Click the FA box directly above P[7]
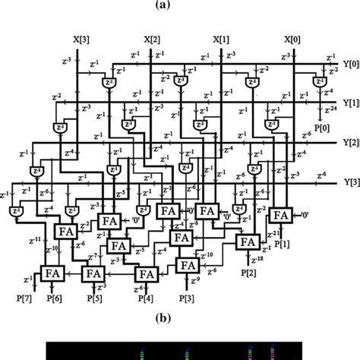click(52, 272)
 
